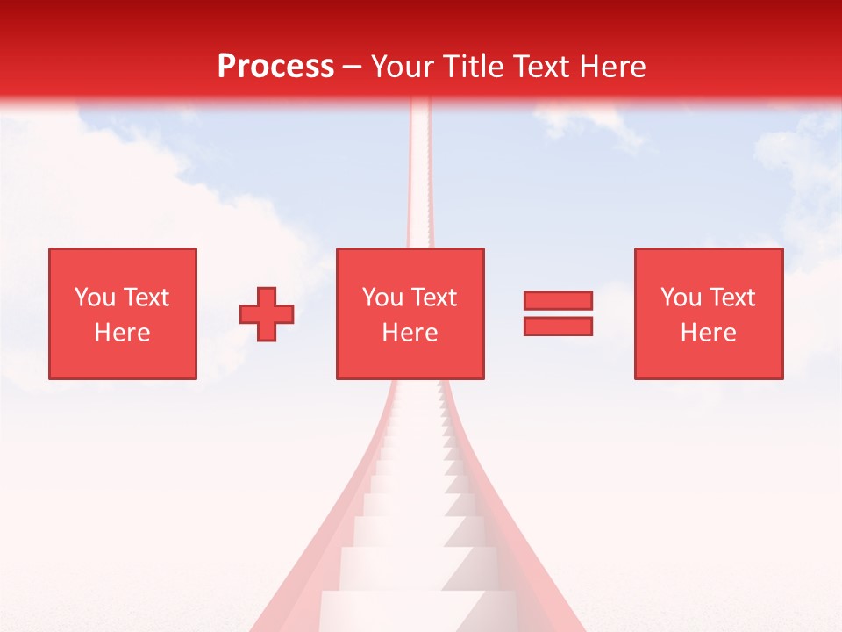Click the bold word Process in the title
(275, 67)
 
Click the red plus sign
(267, 314)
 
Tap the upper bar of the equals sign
(558, 301)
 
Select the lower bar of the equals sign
(558, 327)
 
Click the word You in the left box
(95, 298)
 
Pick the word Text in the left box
(145, 298)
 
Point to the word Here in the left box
(122, 333)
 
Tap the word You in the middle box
(382, 298)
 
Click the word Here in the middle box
(410, 333)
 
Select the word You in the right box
(681, 298)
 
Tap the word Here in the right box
(708, 333)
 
